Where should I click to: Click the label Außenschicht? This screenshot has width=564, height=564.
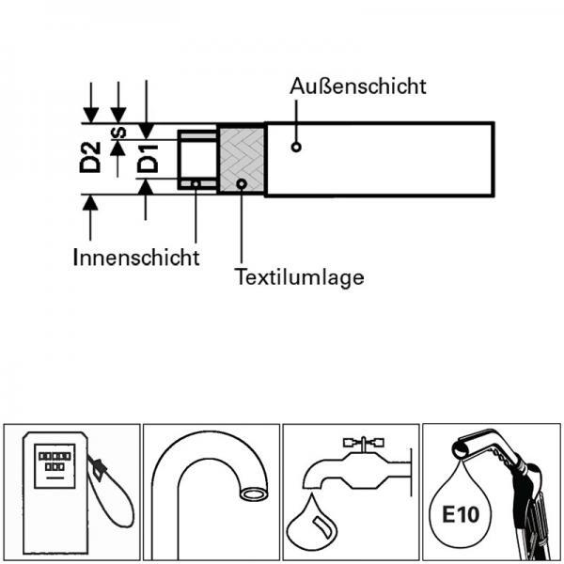[359, 86]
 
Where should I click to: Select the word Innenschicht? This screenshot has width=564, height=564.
[136, 257]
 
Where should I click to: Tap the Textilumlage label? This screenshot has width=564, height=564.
[300, 277]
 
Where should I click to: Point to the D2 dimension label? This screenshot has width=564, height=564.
[90, 156]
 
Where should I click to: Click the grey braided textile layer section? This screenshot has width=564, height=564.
[241, 160]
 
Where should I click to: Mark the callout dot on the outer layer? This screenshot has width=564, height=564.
[296, 148]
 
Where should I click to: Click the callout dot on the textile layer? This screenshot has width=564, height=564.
[242, 183]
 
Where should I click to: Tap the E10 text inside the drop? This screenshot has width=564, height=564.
[461, 515]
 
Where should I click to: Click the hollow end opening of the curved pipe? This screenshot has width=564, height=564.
[252, 493]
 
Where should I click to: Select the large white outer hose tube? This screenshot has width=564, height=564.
[380, 160]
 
